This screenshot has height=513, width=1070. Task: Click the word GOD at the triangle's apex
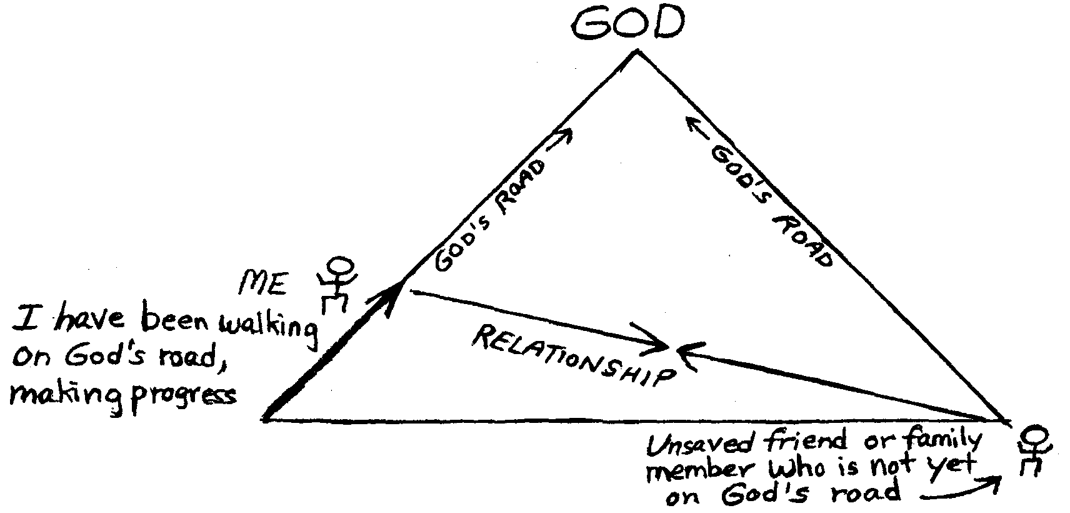point(627,24)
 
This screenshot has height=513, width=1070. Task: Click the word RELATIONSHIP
point(574,357)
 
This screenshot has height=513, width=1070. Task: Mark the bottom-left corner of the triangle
point(265,419)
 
